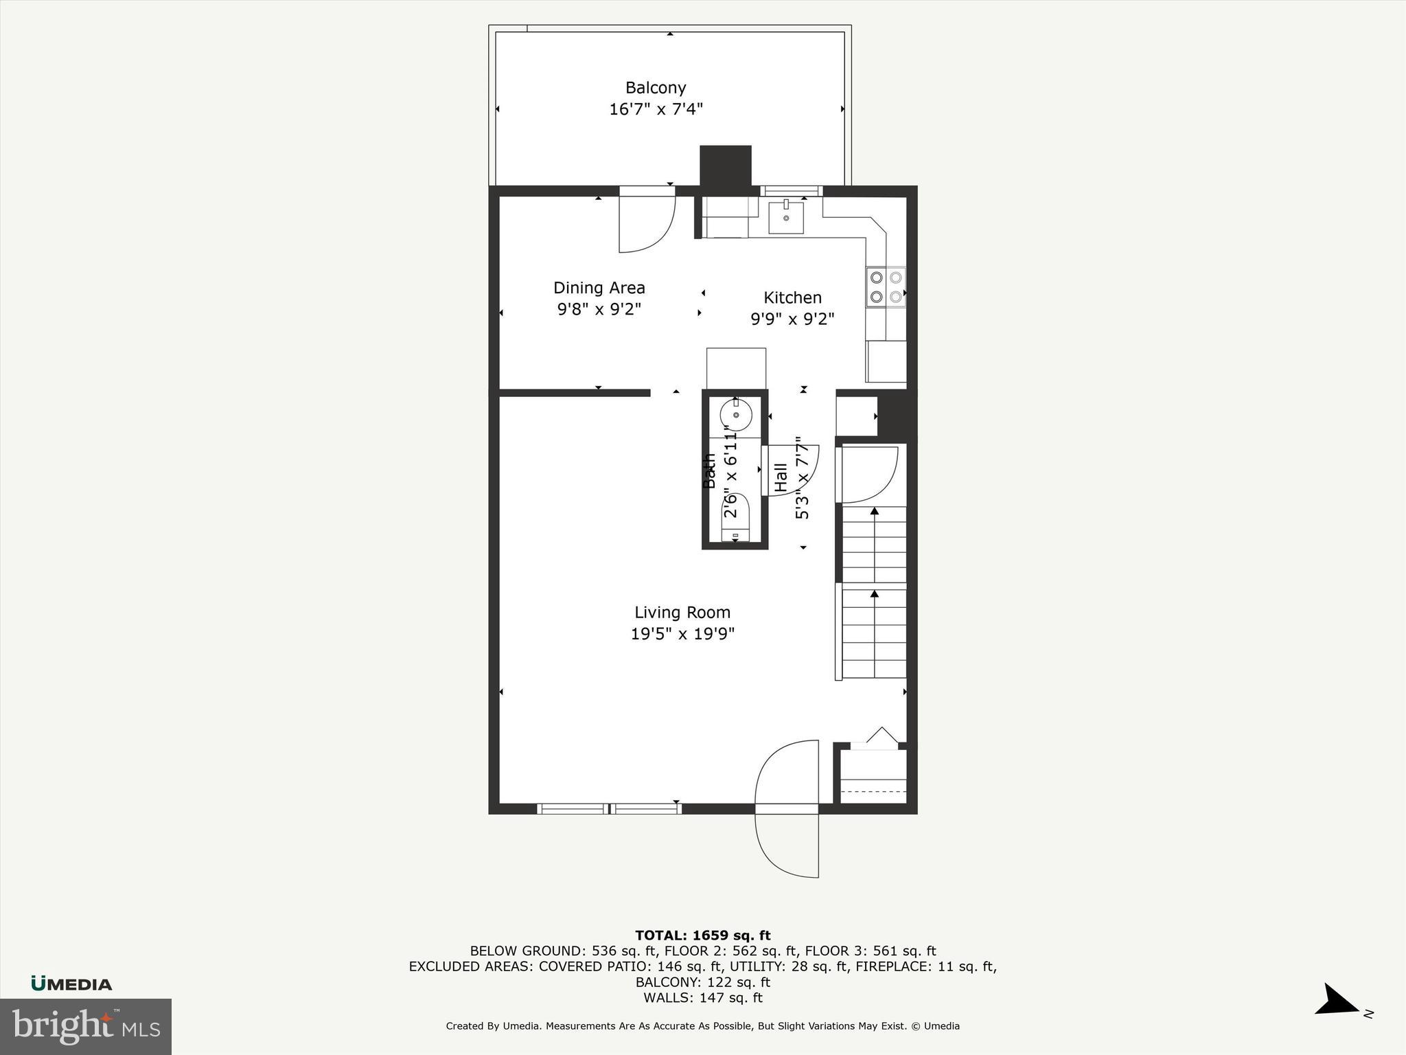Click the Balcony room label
(656, 88)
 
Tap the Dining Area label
(599, 288)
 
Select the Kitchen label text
(792, 297)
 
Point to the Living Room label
(682, 612)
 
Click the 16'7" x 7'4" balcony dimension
(656, 109)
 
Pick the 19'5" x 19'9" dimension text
(682, 633)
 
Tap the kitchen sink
(785, 217)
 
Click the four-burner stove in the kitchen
(886, 287)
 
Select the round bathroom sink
(735, 415)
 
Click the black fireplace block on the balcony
(725, 166)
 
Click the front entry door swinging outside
(787, 846)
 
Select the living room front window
(609, 808)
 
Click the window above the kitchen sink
(791, 191)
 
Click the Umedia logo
(71, 984)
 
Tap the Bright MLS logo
(86, 1026)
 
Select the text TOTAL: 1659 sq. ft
(702, 935)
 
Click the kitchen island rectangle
(736, 368)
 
